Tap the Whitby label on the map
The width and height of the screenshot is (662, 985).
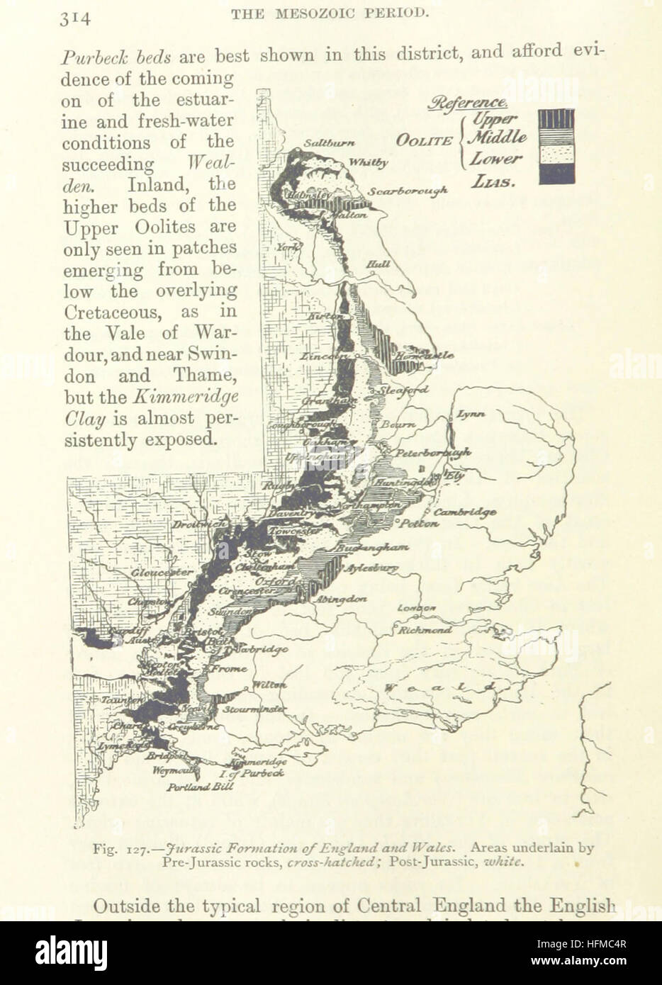pyautogui.click(x=369, y=163)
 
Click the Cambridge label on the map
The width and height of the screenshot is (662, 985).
pyautogui.click(x=465, y=512)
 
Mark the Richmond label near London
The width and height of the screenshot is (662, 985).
pyautogui.click(x=425, y=629)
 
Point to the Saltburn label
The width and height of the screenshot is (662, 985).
pyautogui.click(x=329, y=142)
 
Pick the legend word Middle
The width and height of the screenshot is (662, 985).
pyautogui.click(x=499, y=137)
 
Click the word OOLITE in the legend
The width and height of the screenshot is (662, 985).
pyautogui.click(x=424, y=140)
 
